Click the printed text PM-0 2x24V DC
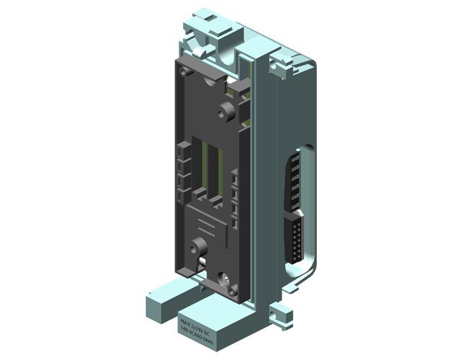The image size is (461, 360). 198,320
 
